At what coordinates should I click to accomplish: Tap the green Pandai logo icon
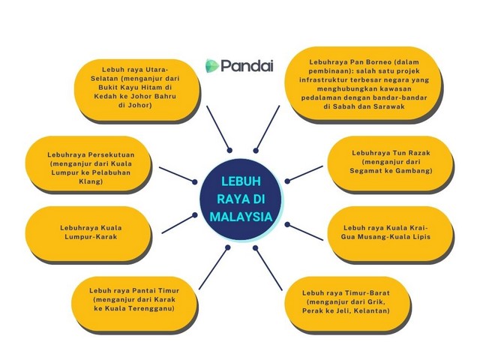pos(211,66)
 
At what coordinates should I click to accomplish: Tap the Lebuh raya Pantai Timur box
pos(136,298)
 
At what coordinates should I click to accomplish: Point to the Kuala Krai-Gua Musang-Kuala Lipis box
pos(391,232)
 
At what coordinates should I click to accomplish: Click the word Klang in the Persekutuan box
pos(89,181)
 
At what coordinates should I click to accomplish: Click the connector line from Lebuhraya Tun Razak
pos(304,174)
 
